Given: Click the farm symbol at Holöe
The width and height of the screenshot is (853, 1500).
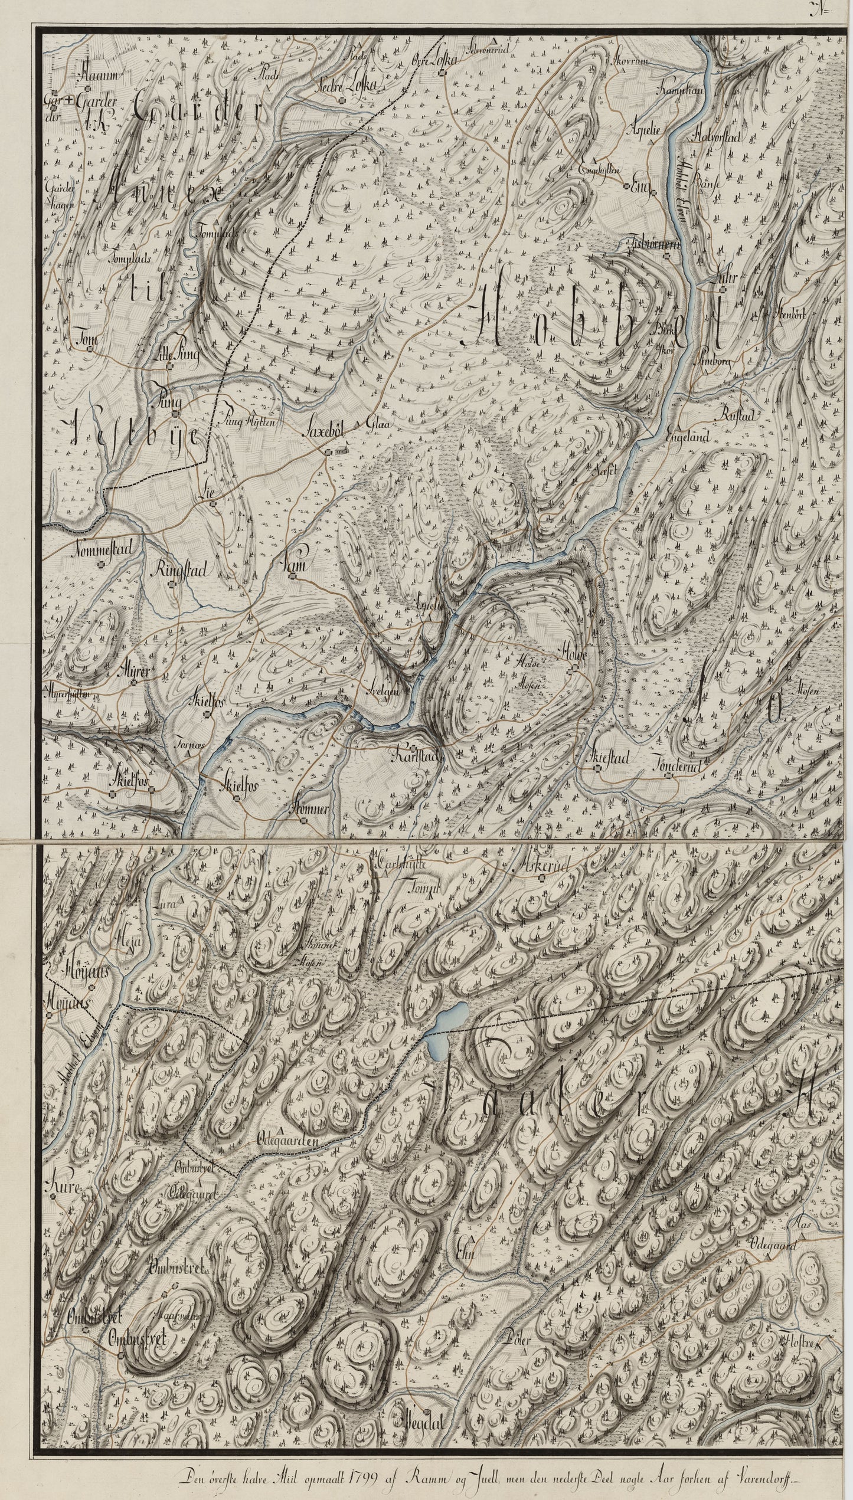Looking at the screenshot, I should (x=573, y=669).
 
